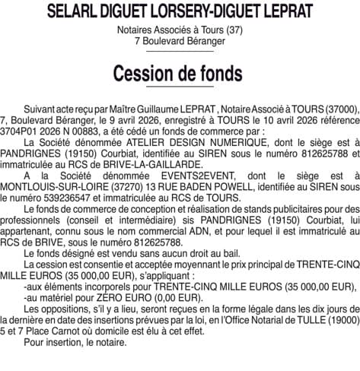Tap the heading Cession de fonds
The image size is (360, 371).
coord(180,74)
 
